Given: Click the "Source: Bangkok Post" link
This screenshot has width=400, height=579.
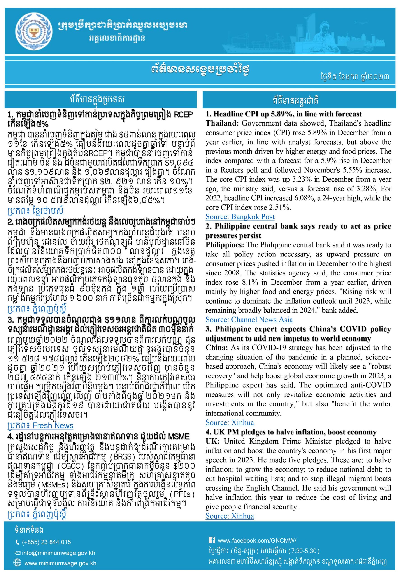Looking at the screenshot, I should click(x=240, y=217).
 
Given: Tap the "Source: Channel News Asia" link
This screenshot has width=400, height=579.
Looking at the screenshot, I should click(x=249, y=320).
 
